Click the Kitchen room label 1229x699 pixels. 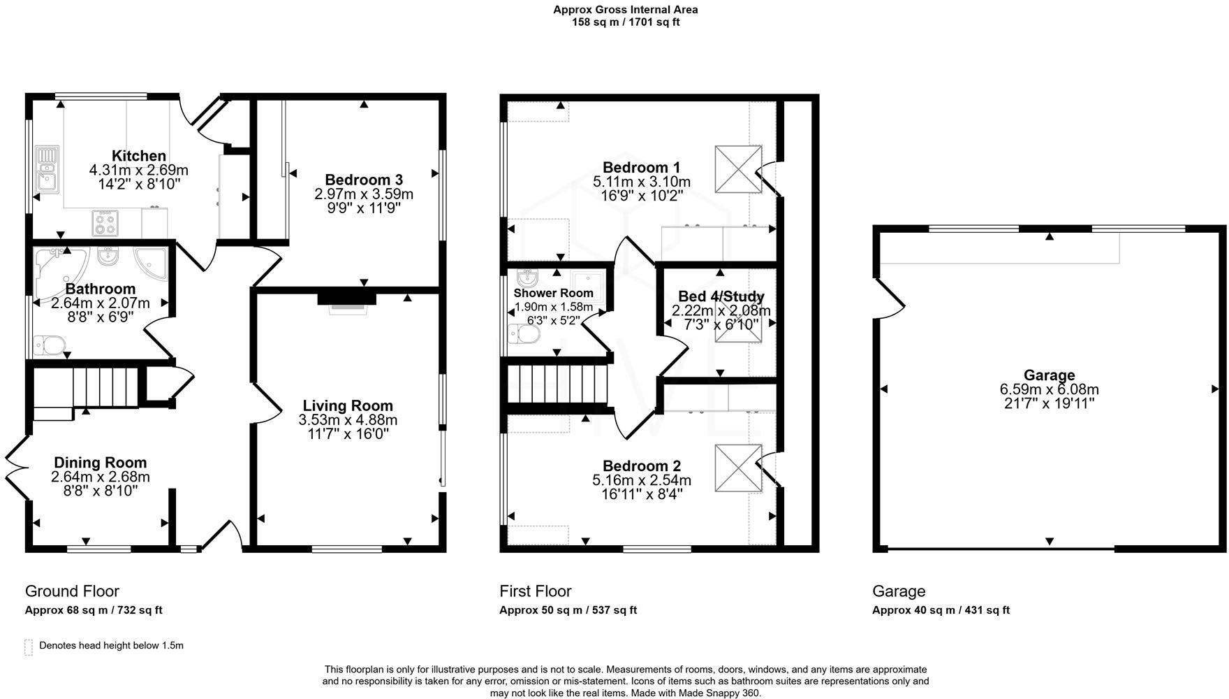pyautogui.click(x=139, y=156)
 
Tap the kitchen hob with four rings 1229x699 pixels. pyautogui.click(x=105, y=223)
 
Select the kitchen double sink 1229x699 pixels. pyautogui.click(x=47, y=168)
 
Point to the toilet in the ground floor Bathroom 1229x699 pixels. pyautogui.click(x=50, y=345)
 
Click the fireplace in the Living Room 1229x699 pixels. pyautogui.click(x=347, y=301)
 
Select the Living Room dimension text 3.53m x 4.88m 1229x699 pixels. pyautogui.click(x=348, y=420)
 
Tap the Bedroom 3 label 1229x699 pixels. pyautogui.click(x=363, y=180)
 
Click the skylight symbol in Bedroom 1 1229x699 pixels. pyautogui.click(x=737, y=169)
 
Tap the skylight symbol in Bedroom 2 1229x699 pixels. pyautogui.click(x=737, y=468)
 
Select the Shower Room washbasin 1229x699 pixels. pyautogui.click(x=527, y=279)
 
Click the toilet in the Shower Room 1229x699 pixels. pyautogui.click(x=524, y=335)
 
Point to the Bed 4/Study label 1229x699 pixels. pyautogui.click(x=721, y=296)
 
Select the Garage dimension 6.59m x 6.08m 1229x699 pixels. pyautogui.click(x=1049, y=389)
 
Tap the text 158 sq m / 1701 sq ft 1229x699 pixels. pyautogui.click(x=625, y=22)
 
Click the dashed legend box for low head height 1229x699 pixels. pyautogui.click(x=29, y=647)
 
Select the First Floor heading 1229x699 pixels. pyautogui.click(x=535, y=591)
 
